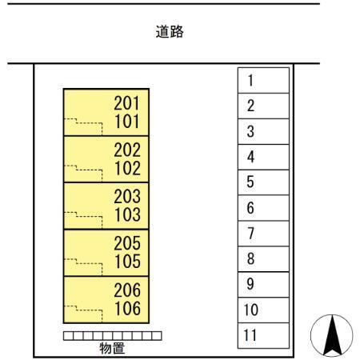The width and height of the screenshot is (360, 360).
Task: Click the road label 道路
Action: [x=170, y=31]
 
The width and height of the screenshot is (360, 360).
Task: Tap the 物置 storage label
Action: [x=112, y=348]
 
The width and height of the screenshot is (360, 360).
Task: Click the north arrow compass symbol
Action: [x=332, y=335]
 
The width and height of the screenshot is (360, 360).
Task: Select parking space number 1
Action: [x=263, y=80]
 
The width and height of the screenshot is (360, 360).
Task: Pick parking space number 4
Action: [x=263, y=157]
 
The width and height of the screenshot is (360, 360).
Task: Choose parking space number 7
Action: [x=263, y=234]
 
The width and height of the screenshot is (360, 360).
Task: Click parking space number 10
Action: [x=263, y=310]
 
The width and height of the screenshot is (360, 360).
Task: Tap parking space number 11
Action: [x=263, y=335]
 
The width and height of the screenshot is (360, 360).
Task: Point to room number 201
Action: [x=127, y=103]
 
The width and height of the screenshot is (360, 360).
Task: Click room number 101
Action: [x=127, y=122]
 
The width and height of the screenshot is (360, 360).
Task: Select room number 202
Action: [x=127, y=150]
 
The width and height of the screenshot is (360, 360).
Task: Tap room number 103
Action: [x=127, y=214]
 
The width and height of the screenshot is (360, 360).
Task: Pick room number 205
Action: [x=127, y=243]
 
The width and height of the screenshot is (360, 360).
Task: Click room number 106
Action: [x=127, y=308]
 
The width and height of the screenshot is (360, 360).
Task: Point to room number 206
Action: [x=127, y=290]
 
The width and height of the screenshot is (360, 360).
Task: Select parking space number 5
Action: [x=263, y=182]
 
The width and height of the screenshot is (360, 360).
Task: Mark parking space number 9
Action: [x=263, y=285]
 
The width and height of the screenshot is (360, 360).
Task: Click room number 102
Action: [x=127, y=168]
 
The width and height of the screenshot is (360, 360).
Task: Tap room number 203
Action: [x=127, y=197]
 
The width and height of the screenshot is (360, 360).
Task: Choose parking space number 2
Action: [x=263, y=106]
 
